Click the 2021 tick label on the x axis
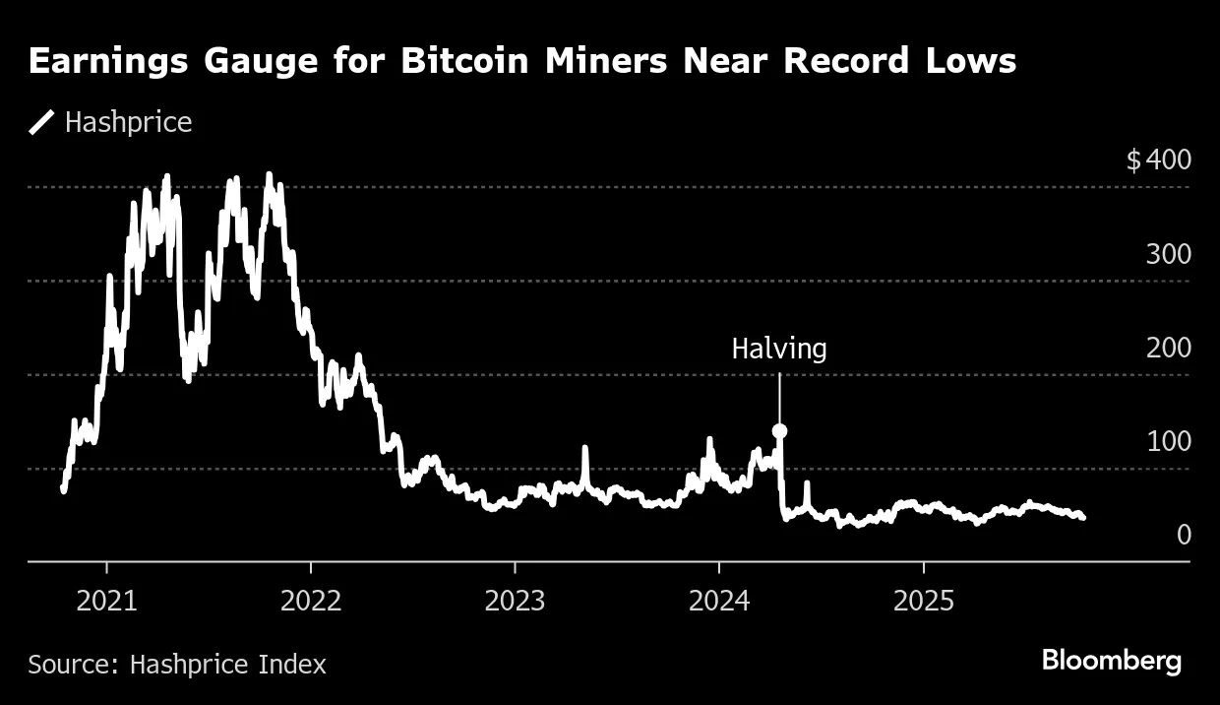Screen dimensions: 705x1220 107,601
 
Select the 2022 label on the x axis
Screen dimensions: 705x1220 311,601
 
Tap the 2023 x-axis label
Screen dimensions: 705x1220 516,601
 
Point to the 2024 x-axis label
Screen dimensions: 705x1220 719,601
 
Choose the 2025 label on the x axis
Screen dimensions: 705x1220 924,601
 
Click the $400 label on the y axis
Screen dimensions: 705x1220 1158,160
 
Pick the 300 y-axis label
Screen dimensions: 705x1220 1168,254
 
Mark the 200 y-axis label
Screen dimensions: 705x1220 1168,348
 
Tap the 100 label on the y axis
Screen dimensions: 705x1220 1168,441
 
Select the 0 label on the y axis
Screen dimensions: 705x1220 1184,535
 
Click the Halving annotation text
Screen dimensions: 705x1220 779,349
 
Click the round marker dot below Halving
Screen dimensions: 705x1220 779,430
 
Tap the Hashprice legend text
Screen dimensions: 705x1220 128,123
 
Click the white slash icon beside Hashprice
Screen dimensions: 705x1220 42,123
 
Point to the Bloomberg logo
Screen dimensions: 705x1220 1111,661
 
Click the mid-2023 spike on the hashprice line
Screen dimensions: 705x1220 584,451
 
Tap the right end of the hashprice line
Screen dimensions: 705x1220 1082,517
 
